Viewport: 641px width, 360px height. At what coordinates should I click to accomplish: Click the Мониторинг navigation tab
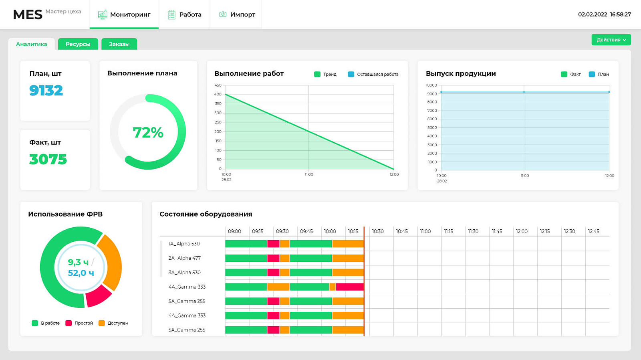[x=124, y=14]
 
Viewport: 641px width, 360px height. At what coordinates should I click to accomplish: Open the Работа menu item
[x=185, y=14]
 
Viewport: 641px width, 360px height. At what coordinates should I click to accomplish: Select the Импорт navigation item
[x=237, y=14]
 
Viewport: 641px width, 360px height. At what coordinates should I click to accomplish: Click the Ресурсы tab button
[x=78, y=44]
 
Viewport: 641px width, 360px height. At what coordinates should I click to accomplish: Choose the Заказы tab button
[x=119, y=44]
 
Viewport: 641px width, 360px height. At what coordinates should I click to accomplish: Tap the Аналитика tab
[x=32, y=44]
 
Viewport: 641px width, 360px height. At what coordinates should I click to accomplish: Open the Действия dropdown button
[x=611, y=40]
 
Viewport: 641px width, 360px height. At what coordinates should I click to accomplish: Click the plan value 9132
[x=46, y=91]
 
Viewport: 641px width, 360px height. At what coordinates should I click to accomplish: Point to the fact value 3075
[x=48, y=159]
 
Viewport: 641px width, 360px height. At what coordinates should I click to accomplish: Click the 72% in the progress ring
[x=148, y=132]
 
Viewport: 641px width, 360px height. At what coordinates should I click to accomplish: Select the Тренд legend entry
[x=325, y=75]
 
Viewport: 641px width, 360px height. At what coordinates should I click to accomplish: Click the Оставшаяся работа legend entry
[x=373, y=75]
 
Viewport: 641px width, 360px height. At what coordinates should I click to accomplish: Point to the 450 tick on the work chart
[x=218, y=85]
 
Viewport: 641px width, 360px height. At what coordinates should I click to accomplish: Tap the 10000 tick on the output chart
[x=431, y=85]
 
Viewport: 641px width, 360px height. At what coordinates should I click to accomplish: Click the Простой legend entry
[x=79, y=323]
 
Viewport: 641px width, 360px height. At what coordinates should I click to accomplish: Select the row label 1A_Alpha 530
[x=184, y=244]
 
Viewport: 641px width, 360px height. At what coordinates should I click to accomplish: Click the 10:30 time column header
[x=378, y=231]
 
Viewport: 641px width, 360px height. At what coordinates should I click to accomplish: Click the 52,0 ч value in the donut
[x=81, y=273]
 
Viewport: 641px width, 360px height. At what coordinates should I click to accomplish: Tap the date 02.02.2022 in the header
[x=593, y=14]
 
